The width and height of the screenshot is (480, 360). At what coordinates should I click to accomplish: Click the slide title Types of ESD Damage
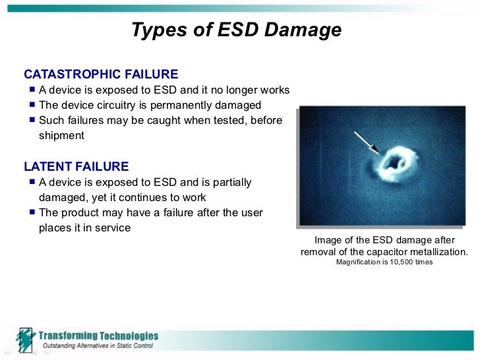(x=236, y=30)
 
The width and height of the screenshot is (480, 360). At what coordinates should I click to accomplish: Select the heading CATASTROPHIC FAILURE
(x=100, y=74)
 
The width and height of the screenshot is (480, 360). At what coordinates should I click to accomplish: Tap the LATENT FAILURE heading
(x=76, y=166)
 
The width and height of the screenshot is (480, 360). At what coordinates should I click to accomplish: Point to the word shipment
(x=61, y=136)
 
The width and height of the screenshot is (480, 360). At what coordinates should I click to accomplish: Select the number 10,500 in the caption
(x=405, y=262)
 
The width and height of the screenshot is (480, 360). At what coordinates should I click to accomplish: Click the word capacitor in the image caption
(x=382, y=252)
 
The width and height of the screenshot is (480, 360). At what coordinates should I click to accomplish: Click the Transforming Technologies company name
(x=98, y=336)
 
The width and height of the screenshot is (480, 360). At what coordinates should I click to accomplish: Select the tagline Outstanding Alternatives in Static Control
(x=98, y=345)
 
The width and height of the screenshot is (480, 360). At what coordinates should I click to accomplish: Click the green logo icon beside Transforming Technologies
(x=24, y=340)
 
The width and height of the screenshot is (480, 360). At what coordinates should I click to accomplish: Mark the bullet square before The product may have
(x=32, y=212)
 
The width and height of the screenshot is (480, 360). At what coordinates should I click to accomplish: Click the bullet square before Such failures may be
(x=32, y=120)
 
